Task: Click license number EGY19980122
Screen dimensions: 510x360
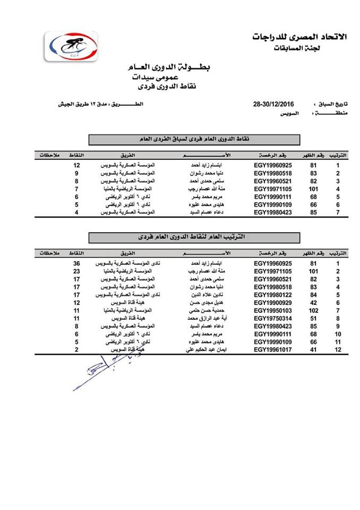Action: click(273, 294)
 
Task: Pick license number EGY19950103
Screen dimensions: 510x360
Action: click(273, 310)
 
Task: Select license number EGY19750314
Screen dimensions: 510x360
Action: click(273, 317)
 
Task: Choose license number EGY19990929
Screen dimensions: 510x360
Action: click(273, 302)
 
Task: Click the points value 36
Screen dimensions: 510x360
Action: click(76, 263)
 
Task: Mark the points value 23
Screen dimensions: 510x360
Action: click(76, 271)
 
